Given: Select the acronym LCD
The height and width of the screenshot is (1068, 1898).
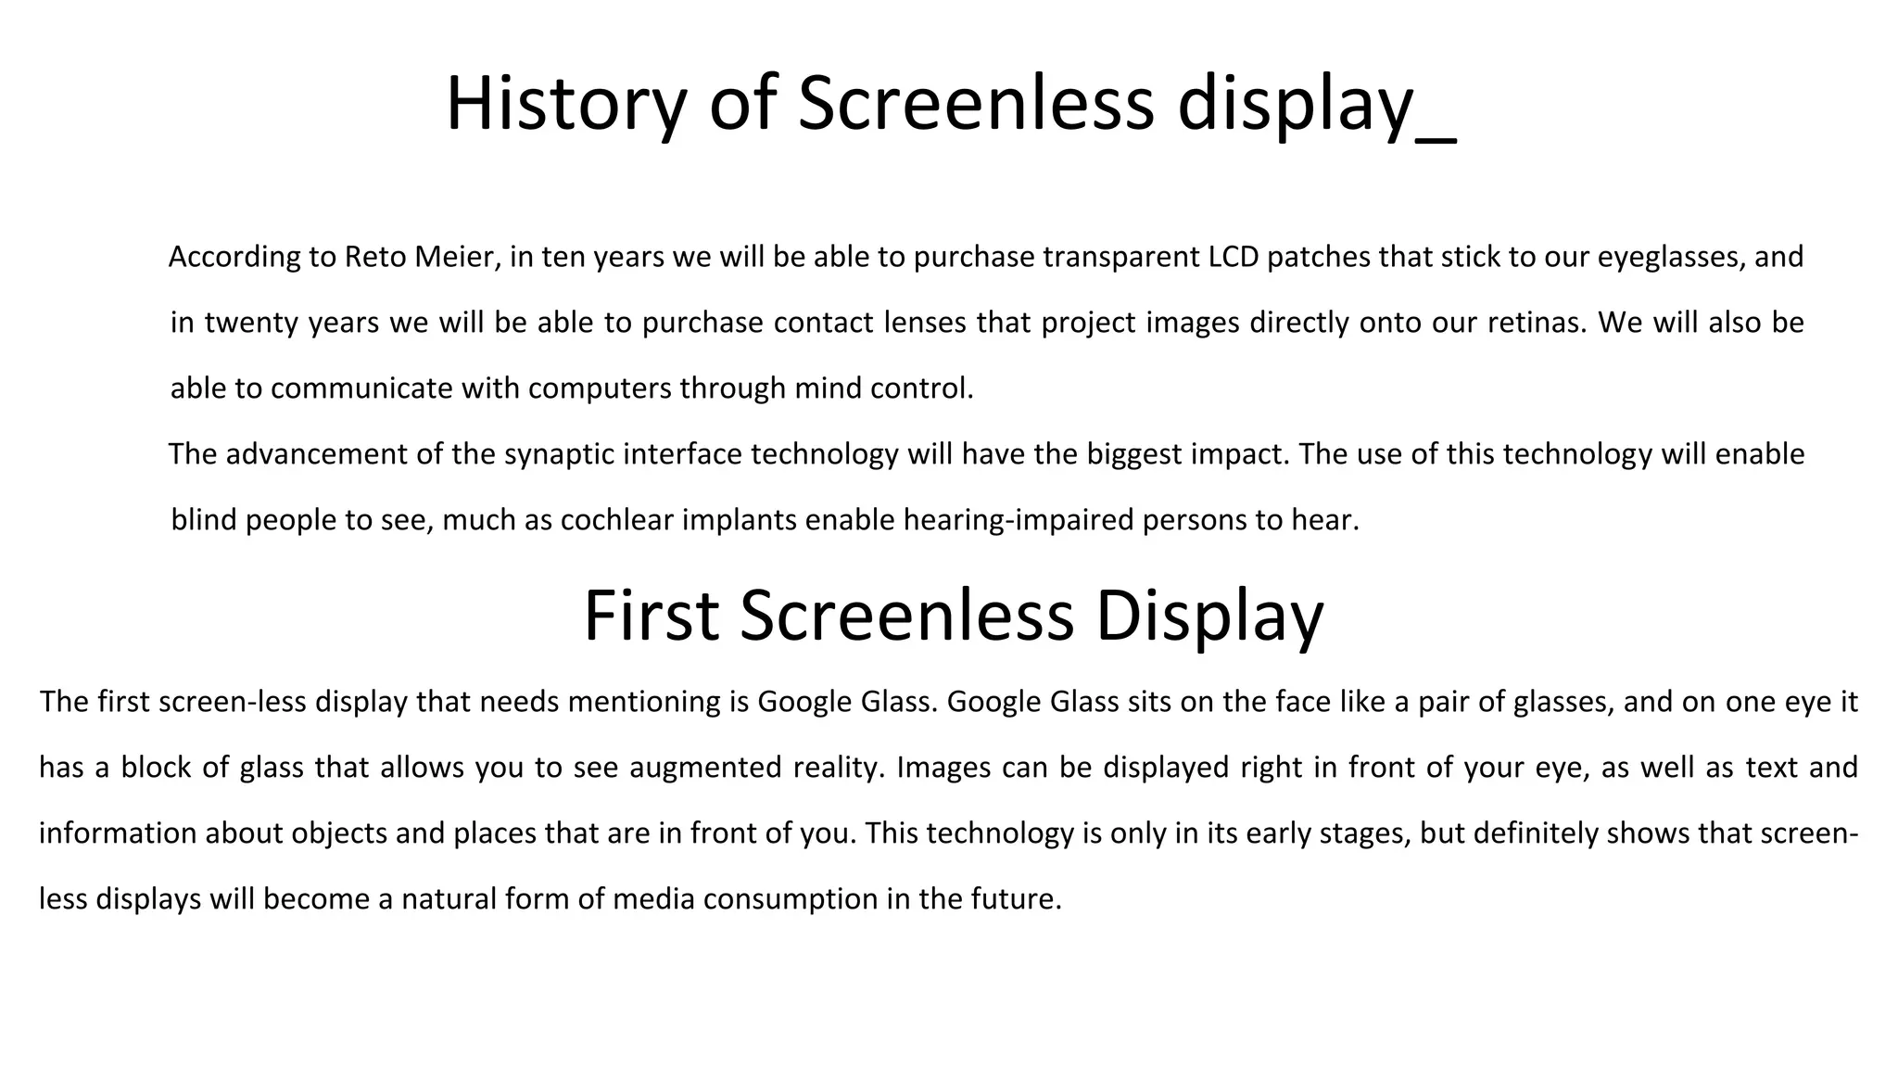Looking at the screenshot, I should pyautogui.click(x=1234, y=257).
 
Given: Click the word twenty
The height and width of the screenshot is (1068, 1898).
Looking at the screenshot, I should pyautogui.click(x=250, y=323).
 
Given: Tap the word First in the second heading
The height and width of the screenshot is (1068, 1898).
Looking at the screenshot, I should pyautogui.click(x=651, y=616).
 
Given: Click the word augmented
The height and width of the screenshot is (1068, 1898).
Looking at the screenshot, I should pyautogui.click(x=704, y=768).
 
